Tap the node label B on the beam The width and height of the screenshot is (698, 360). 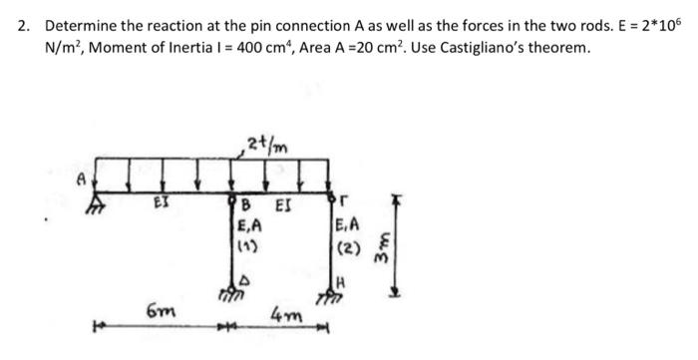[246, 206]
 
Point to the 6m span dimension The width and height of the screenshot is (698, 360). [157, 312]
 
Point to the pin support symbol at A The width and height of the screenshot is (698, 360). [98, 197]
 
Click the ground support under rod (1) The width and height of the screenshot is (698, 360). [230, 292]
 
